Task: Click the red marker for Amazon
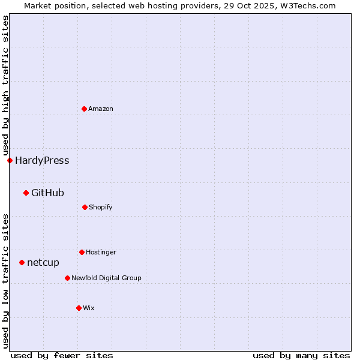click(84, 109)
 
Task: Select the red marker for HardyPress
click(10, 160)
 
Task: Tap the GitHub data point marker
click(26, 193)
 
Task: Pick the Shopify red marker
click(85, 207)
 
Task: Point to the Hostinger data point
click(82, 252)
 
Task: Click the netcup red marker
click(22, 262)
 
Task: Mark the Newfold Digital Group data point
click(67, 278)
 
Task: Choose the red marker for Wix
click(79, 308)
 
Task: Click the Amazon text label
click(101, 109)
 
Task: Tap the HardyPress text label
click(42, 160)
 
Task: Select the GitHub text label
click(47, 193)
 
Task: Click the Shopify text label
click(101, 207)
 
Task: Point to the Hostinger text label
click(101, 252)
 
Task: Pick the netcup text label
click(43, 262)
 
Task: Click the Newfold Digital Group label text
click(106, 278)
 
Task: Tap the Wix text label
click(89, 308)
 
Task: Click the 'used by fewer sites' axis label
click(62, 355)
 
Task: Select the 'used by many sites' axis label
click(301, 355)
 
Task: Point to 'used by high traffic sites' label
click(5, 86)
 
